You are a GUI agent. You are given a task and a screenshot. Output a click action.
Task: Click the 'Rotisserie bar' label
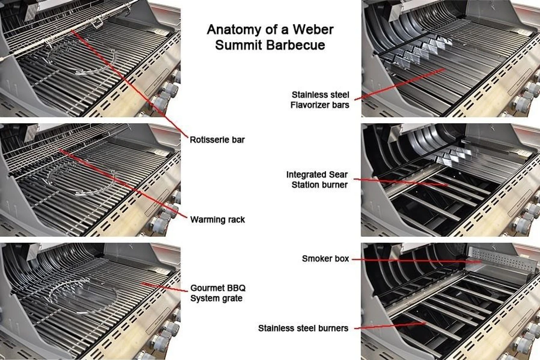(217, 140)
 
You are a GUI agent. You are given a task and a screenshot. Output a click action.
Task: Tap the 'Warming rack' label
(217, 219)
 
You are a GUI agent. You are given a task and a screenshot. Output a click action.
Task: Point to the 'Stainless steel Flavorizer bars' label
(320, 100)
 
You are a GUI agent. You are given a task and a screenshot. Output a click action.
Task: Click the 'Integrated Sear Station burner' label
(317, 179)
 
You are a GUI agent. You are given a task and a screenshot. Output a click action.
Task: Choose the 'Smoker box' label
(325, 258)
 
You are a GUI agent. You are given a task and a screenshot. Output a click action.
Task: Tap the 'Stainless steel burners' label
(303, 328)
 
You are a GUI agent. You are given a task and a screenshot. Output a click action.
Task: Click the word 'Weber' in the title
(312, 30)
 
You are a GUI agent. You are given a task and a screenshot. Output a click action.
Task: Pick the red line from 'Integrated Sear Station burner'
(401, 182)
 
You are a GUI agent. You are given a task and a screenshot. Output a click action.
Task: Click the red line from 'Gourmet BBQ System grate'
(165, 287)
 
